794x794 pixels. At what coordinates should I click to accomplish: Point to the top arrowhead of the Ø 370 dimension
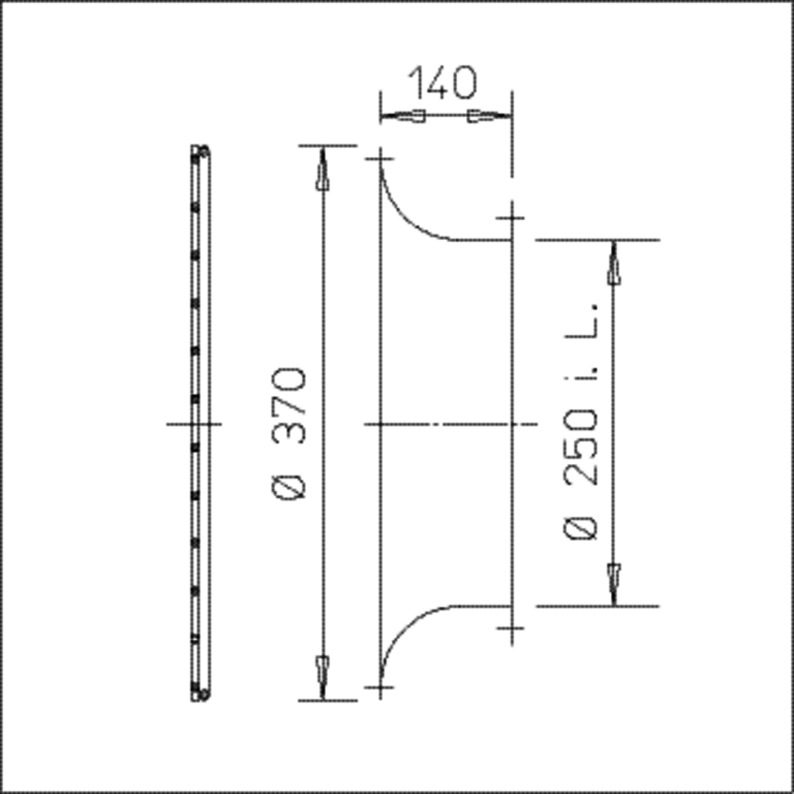(x=322, y=168)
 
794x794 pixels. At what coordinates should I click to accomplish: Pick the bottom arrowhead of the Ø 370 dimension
(x=322, y=678)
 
